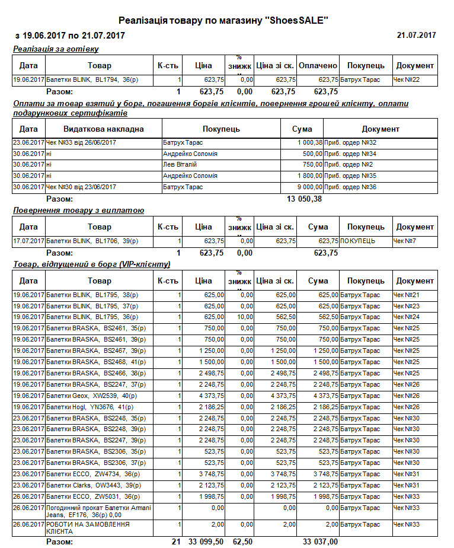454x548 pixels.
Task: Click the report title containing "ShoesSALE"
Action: pyautogui.click(x=223, y=21)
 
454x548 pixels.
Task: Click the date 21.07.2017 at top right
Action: pyautogui.click(x=416, y=36)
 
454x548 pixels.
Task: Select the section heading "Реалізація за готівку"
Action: pyautogui.click(x=56, y=49)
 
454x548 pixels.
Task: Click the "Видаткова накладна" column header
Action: pyautogui.click(x=104, y=129)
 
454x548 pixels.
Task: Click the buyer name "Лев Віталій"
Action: pyautogui.click(x=180, y=165)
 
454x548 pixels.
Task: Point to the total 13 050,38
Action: pyautogui.click(x=304, y=199)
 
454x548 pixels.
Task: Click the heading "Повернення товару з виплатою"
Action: pyautogui.click(x=78, y=211)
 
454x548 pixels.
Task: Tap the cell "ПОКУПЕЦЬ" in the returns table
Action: pyautogui.click(x=358, y=241)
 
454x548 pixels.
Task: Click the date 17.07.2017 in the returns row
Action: pyautogui.click(x=28, y=241)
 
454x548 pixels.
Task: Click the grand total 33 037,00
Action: pyautogui.click(x=320, y=541)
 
